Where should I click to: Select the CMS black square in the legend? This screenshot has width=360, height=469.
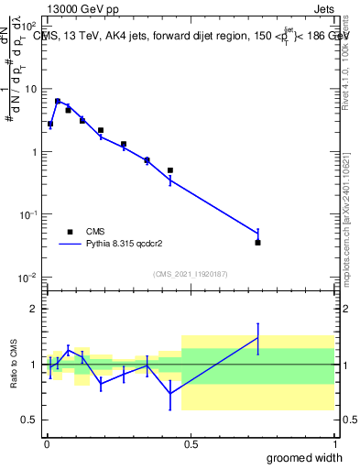pyautogui.click(x=70, y=232)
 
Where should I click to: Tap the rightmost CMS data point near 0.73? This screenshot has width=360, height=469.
pyautogui.click(x=257, y=242)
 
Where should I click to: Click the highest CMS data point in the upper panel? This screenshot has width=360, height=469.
pyautogui.click(x=58, y=102)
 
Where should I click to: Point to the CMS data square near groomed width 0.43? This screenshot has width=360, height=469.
pyautogui.click(x=170, y=170)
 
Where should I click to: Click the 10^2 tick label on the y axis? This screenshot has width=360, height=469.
pyautogui.click(x=28, y=27)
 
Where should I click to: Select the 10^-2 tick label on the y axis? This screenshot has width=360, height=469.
pyautogui.click(x=28, y=277)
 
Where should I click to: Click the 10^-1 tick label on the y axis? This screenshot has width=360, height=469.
pyautogui.click(x=28, y=214)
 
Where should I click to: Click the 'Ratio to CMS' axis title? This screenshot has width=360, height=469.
pyautogui.click(x=13, y=364)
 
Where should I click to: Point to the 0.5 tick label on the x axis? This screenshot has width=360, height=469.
pyautogui.click(x=191, y=442)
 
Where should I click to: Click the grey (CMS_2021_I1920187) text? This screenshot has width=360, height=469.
pyautogui.click(x=190, y=274)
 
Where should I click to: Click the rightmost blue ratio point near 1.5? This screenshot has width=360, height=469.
pyautogui.click(x=257, y=338)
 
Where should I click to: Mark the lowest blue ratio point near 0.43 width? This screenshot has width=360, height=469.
pyautogui.click(x=170, y=394)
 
